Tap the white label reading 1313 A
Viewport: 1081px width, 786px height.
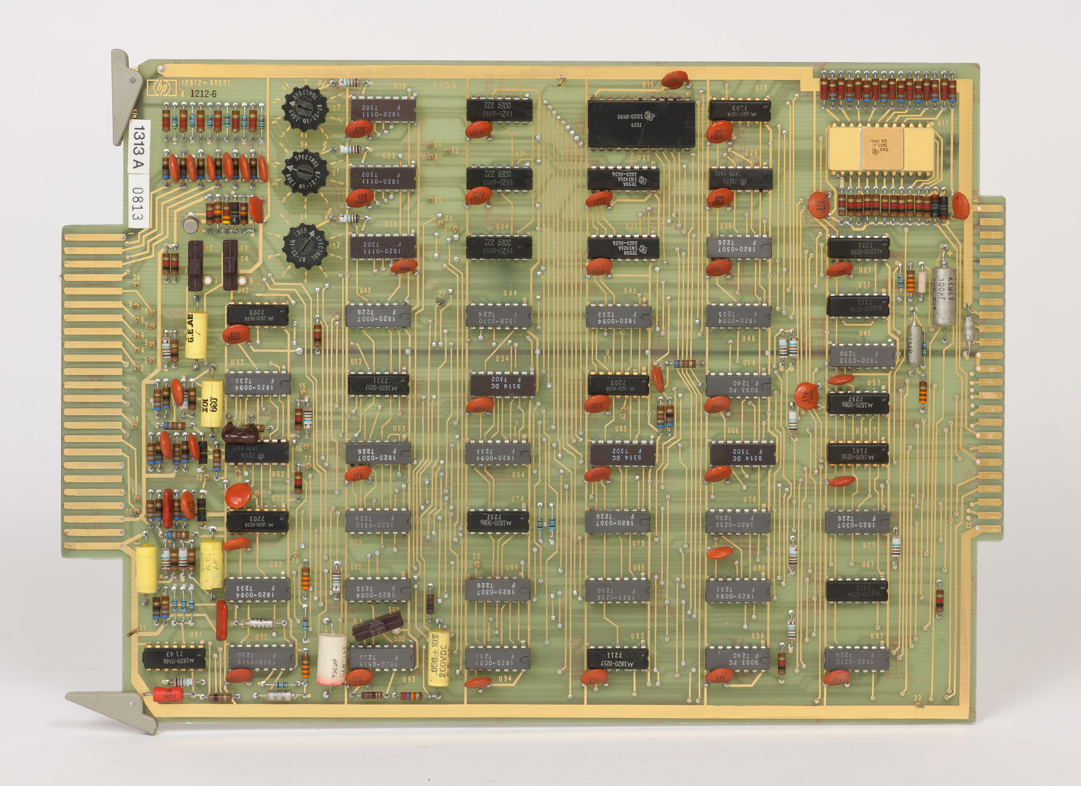point(139,146)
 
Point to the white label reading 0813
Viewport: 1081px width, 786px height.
point(139,205)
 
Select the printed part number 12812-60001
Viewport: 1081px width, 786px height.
point(206,83)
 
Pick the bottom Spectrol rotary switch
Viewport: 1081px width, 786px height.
point(305,246)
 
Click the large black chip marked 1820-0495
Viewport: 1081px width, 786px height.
point(641,124)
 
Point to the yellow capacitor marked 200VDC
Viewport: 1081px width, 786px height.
point(439,658)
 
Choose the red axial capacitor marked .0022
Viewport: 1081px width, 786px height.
point(168,694)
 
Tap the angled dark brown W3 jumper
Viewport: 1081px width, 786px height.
point(377,626)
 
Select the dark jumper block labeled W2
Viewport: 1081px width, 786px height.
point(195,265)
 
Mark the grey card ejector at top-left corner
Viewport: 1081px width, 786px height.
point(125,95)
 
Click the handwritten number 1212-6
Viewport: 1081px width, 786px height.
point(203,93)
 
